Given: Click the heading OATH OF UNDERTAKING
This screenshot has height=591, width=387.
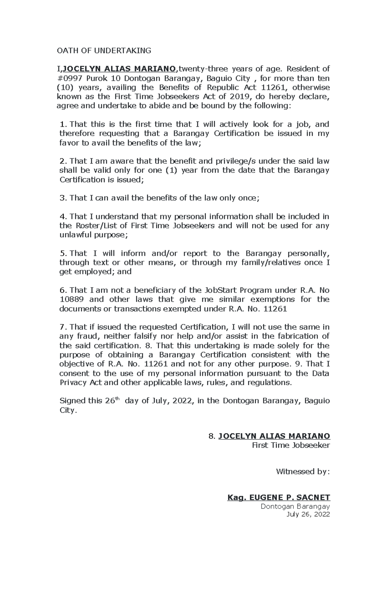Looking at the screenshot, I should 104,51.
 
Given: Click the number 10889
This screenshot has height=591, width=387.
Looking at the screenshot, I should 72,300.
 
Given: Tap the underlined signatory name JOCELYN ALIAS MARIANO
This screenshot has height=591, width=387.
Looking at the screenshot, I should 274,436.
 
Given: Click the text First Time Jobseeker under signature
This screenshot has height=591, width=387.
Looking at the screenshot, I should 291,445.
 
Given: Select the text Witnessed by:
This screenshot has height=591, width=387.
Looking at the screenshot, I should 303,472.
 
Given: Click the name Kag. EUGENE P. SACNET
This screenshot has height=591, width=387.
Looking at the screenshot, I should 279,498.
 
